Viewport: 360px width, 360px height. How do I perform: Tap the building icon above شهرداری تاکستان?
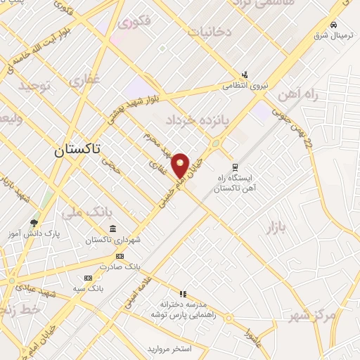pyautogui.click(x=112, y=229)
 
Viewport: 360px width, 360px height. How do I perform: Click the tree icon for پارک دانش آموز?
pyautogui.click(x=34, y=224)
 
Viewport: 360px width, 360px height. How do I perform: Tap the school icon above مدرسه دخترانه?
pyautogui.click(x=182, y=294)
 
